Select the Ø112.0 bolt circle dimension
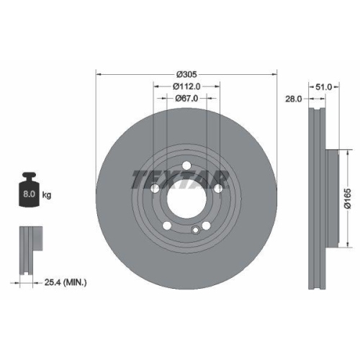186,86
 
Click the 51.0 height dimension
325,86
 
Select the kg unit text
47,194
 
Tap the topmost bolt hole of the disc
186,166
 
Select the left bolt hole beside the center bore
155,189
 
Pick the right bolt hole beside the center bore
218,189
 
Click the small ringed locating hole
195,230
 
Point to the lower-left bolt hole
166,225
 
